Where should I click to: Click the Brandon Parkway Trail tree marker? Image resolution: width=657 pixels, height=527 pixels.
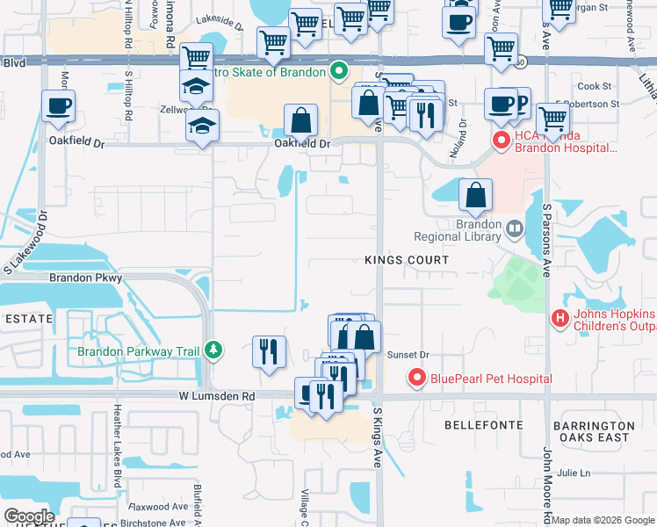click(x=212, y=350)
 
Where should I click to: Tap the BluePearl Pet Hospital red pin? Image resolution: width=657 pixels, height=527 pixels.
click(x=416, y=379)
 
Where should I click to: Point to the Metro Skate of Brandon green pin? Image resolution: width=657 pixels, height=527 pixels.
click(x=338, y=72)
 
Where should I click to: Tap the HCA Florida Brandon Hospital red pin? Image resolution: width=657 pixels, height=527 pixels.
click(x=501, y=140)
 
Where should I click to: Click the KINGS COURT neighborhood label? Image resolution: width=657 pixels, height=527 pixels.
click(x=407, y=261)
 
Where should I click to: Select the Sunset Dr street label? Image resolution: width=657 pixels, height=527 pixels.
click(x=408, y=355)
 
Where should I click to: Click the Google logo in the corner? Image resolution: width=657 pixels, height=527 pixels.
click(x=28, y=516)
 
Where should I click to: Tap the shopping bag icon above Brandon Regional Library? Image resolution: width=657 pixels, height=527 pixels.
click(x=475, y=198)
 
